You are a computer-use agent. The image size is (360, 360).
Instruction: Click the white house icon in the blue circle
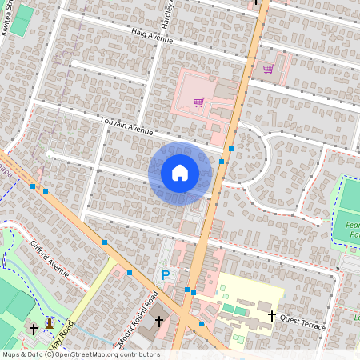(180, 172)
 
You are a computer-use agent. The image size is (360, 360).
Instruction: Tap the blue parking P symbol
(166, 274)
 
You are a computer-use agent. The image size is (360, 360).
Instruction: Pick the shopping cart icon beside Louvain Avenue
(198, 102)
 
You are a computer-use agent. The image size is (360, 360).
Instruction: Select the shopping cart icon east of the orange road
(268, 69)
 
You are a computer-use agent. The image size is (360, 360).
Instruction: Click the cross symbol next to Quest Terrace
(273, 316)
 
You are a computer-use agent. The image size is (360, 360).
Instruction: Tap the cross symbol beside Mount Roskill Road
(159, 321)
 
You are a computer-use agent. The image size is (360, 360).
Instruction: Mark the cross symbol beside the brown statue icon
(34, 328)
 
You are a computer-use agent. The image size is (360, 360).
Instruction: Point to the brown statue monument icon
(50, 323)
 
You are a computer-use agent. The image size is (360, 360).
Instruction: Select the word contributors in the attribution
(141, 354)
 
